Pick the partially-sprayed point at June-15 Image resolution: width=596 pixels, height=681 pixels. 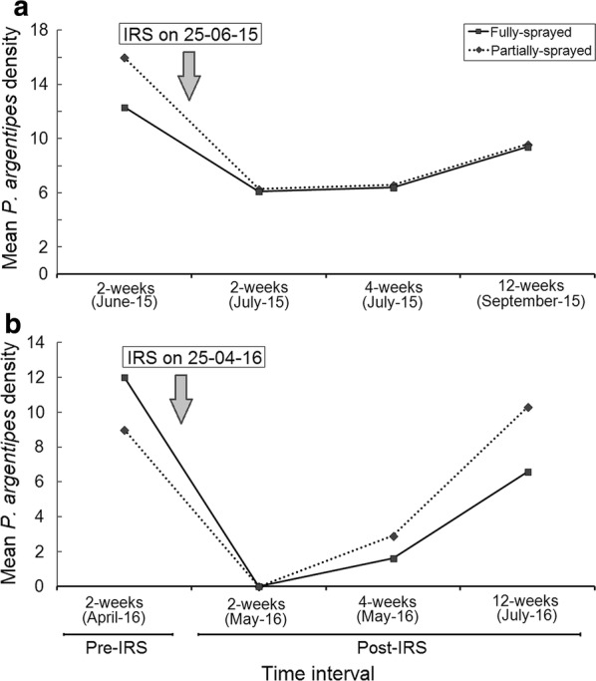pyautogui.click(x=124, y=58)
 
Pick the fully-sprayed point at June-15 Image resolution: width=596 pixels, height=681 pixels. pyautogui.click(x=124, y=107)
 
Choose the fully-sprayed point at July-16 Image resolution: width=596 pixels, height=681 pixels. pyautogui.click(x=528, y=472)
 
